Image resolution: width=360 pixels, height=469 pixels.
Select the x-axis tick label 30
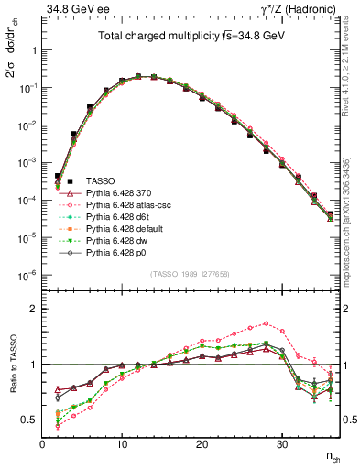tap(282, 445)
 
